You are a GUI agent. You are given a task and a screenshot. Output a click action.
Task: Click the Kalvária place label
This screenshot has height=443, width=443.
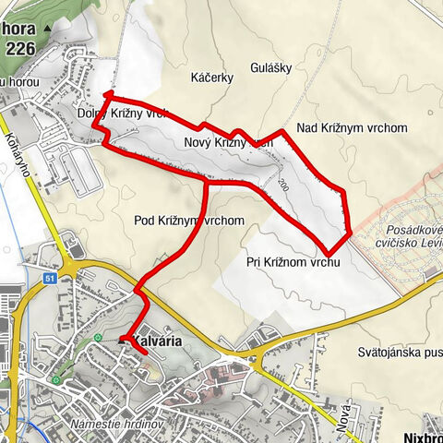157,341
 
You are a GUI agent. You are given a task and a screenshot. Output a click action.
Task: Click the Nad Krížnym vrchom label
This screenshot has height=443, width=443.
352,128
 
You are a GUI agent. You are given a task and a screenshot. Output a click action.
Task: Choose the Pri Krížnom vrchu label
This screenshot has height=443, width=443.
294,262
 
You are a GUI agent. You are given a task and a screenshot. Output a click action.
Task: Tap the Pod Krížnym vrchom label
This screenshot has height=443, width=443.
188,221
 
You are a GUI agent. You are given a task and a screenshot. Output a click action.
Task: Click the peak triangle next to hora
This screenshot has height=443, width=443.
47,30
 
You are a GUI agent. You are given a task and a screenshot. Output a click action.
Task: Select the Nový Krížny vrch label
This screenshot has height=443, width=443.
228,143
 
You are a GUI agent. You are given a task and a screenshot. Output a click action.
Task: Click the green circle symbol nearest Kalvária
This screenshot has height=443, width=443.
98,336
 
